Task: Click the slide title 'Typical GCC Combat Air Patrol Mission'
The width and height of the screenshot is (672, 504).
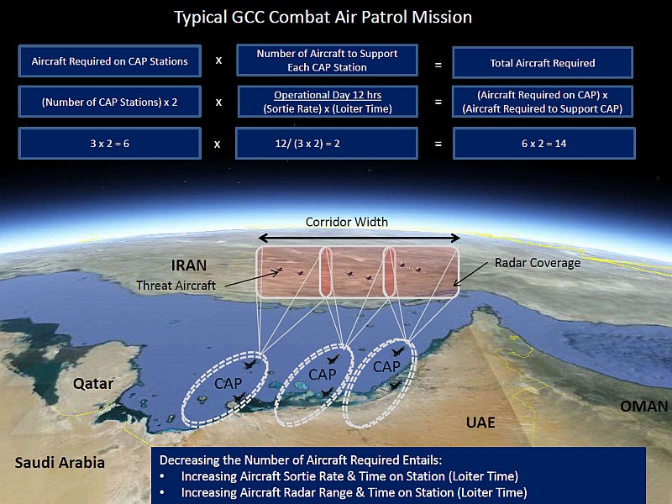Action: point(323,18)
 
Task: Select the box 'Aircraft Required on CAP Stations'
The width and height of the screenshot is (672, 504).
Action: point(110,61)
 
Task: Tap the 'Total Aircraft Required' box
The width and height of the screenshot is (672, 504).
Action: point(543,63)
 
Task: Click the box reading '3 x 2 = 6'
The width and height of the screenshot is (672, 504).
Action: point(110,144)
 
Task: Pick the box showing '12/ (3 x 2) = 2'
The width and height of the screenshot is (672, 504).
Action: point(327,143)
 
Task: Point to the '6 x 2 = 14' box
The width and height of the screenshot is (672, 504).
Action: point(543,144)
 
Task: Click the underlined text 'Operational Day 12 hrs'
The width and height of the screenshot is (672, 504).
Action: point(328,95)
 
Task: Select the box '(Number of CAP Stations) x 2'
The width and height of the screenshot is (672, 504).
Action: point(110,102)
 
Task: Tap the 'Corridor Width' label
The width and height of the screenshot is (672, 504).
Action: point(346,222)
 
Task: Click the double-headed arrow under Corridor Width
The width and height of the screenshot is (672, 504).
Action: point(360,238)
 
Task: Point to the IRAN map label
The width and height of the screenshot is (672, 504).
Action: point(188,265)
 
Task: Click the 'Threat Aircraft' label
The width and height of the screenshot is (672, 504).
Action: point(176,286)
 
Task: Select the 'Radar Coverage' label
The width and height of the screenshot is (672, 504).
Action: point(538,263)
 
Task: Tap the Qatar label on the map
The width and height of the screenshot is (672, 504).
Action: point(93,384)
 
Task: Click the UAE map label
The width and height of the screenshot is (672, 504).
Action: point(480,423)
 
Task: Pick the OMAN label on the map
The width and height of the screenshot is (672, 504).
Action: point(643,407)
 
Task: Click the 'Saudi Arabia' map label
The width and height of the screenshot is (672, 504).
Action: point(60,463)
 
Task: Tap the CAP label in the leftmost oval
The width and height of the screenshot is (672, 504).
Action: point(228,383)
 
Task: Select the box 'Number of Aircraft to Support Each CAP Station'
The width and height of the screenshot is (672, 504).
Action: point(327,60)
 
